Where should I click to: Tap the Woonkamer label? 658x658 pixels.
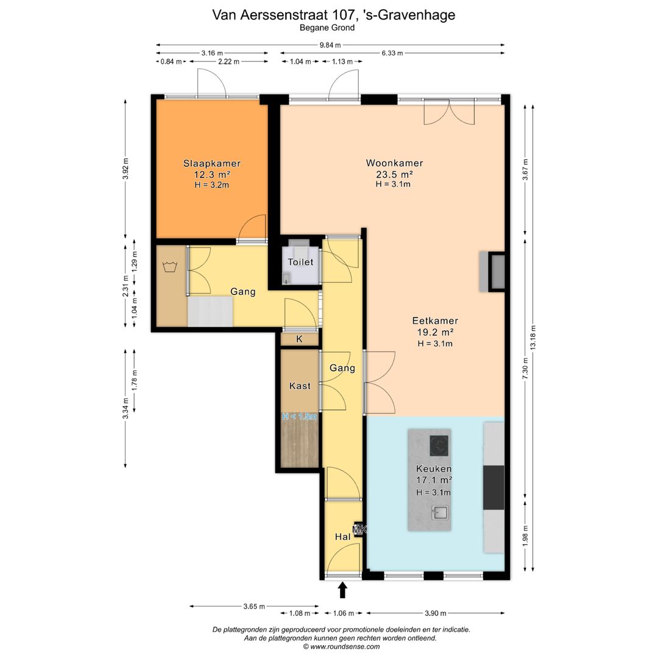pyautogui.click(x=394, y=163)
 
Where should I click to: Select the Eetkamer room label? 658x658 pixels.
pyautogui.click(x=435, y=321)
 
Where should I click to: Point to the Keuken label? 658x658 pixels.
pyautogui.click(x=434, y=469)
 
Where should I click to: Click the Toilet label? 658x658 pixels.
pyautogui.click(x=300, y=262)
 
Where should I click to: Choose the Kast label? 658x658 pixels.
pyautogui.click(x=300, y=386)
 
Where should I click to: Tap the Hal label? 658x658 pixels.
pyautogui.click(x=343, y=536)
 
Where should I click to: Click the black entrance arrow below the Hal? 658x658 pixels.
pyautogui.click(x=343, y=590)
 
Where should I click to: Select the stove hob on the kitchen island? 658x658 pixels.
pyautogui.click(x=439, y=445)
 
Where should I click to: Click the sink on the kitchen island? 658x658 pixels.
pyautogui.click(x=440, y=513)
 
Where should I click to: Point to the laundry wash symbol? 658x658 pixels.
pyautogui.click(x=169, y=266)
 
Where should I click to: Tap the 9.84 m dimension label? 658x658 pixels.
pyautogui.click(x=330, y=45)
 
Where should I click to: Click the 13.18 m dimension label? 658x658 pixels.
pyautogui.click(x=533, y=338)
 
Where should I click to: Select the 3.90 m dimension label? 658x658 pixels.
pyautogui.click(x=436, y=613)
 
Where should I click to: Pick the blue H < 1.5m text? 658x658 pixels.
pyautogui.click(x=300, y=416)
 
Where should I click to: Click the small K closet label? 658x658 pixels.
pyautogui.click(x=299, y=339)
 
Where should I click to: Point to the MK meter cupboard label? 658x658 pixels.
pyautogui.click(x=360, y=530)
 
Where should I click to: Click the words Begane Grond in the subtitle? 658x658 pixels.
pyautogui.click(x=327, y=27)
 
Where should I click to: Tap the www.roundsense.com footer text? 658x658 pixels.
pyautogui.click(x=345, y=646)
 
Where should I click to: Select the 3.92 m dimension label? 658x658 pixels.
pyautogui.click(x=126, y=169)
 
